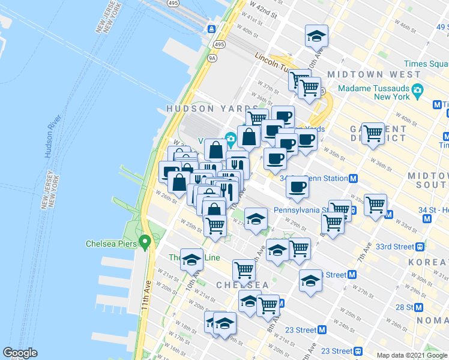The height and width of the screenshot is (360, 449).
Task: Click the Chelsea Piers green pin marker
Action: point(144,242)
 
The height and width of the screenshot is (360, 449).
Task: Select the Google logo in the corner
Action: point(20,353)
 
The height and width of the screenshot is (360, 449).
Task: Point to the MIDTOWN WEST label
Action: point(374,74)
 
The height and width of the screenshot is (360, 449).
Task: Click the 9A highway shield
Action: point(212,58)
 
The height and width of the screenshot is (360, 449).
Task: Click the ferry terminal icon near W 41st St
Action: point(212,28)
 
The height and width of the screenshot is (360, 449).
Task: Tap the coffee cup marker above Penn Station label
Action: point(297,187)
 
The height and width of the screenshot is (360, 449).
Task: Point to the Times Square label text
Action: point(426,64)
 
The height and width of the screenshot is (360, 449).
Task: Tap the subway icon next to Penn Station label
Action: point(354,178)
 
